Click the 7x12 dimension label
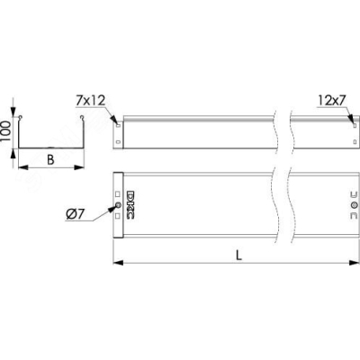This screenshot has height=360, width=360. point(90,101)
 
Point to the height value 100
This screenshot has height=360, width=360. point(5,131)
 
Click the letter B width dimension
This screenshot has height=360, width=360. point(50,160)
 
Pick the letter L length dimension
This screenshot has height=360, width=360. point(238,256)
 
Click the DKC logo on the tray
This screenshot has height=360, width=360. point(130,204)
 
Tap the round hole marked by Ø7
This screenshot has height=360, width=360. point(118,205)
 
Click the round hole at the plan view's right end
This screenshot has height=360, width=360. point(355,205)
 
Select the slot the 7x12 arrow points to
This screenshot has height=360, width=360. point(118,125)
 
